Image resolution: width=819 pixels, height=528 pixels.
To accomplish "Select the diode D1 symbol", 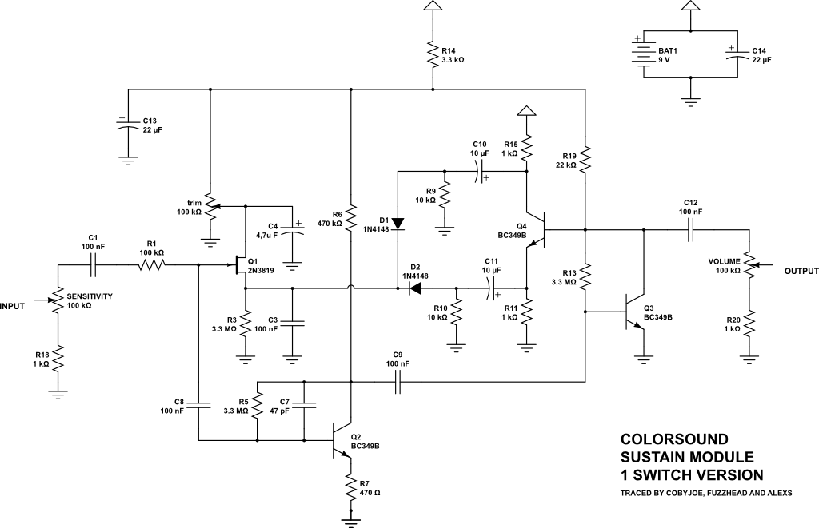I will coord(398,222).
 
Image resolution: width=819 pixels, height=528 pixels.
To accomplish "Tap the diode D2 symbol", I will coord(414,288).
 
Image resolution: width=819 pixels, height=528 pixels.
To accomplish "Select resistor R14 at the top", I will coord(432,56).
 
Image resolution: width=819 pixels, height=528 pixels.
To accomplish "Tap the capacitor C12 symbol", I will coord(692,230).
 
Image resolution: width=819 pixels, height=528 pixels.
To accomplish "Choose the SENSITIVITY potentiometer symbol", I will coord(58,300).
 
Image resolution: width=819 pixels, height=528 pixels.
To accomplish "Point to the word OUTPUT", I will coord(801,272).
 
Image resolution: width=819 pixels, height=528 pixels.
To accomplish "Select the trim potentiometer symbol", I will coord(210,207).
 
